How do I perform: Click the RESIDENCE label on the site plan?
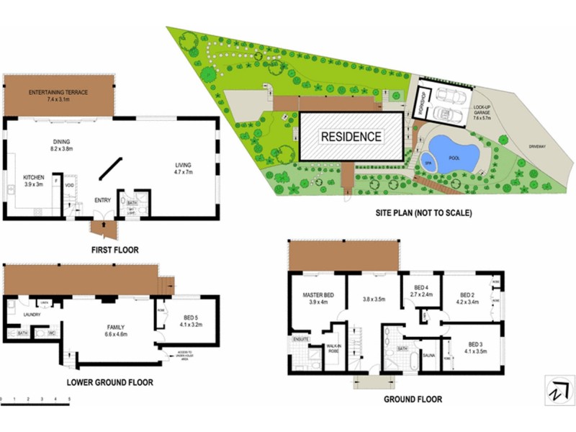[351, 136]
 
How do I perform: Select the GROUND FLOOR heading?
[413, 399]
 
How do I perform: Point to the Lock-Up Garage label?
[482, 111]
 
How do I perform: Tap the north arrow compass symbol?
[555, 392]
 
